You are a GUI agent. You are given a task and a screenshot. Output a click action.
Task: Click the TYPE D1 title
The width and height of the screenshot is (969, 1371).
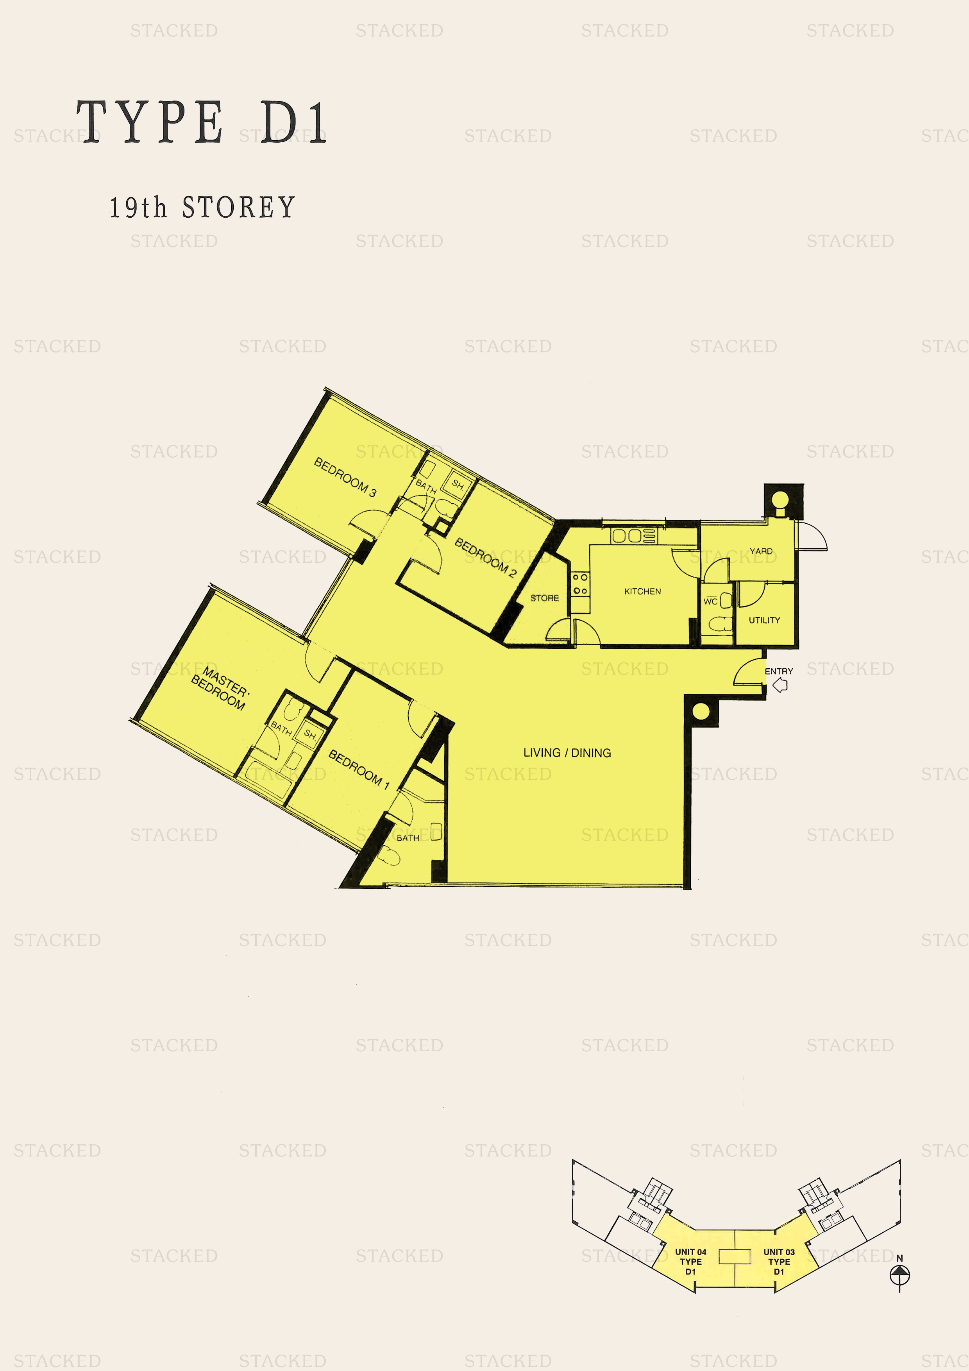coord(202,122)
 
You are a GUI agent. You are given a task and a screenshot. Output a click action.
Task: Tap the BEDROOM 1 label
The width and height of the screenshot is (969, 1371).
coord(359,769)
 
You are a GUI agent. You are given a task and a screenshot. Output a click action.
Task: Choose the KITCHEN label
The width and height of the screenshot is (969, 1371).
coord(642,591)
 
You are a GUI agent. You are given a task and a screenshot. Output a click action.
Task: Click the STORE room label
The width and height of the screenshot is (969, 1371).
coord(545,598)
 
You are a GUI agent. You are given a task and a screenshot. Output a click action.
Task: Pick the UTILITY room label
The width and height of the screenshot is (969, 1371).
coord(764,620)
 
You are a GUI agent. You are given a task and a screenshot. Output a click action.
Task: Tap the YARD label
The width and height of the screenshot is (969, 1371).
coord(761,551)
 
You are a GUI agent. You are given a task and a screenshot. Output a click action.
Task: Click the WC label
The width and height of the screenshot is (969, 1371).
coord(710,601)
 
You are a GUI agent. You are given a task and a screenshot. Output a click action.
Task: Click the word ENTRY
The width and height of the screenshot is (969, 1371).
coord(779,671)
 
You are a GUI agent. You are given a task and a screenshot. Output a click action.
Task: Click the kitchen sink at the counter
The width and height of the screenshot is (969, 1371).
coord(626,536)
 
